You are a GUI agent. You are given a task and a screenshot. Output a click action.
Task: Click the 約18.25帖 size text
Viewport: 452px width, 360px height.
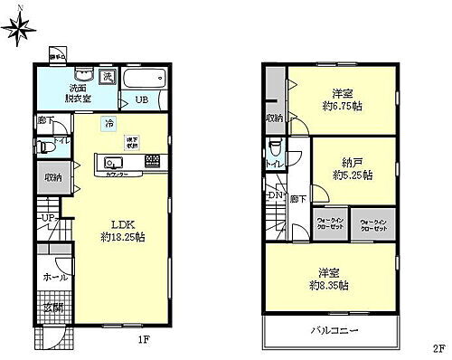pyautogui.click(x=125, y=237)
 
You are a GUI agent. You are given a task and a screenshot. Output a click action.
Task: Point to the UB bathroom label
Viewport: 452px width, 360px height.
pyautogui.click(x=142, y=99)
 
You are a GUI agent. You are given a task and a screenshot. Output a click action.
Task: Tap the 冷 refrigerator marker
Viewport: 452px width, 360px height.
pyautogui.click(x=108, y=122)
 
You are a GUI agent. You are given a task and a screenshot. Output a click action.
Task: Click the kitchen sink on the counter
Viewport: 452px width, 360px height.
pyautogui.click(x=114, y=162)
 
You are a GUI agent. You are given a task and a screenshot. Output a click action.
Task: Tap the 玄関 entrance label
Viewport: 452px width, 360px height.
pyautogui.click(x=52, y=308)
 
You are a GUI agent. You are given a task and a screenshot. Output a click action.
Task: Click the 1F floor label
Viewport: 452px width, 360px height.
pyautogui.click(x=144, y=341)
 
